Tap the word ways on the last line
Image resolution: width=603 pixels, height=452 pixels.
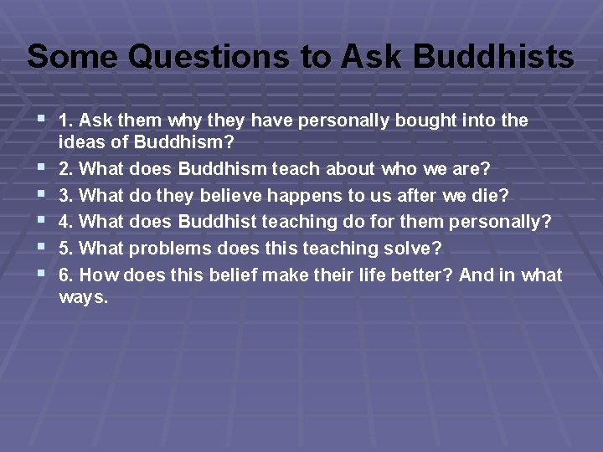(x=83, y=297)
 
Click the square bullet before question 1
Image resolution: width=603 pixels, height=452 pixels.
(x=42, y=120)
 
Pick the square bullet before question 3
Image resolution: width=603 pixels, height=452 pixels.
(x=42, y=194)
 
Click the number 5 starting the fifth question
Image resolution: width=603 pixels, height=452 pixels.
(x=64, y=249)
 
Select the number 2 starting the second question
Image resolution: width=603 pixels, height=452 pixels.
(x=64, y=169)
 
